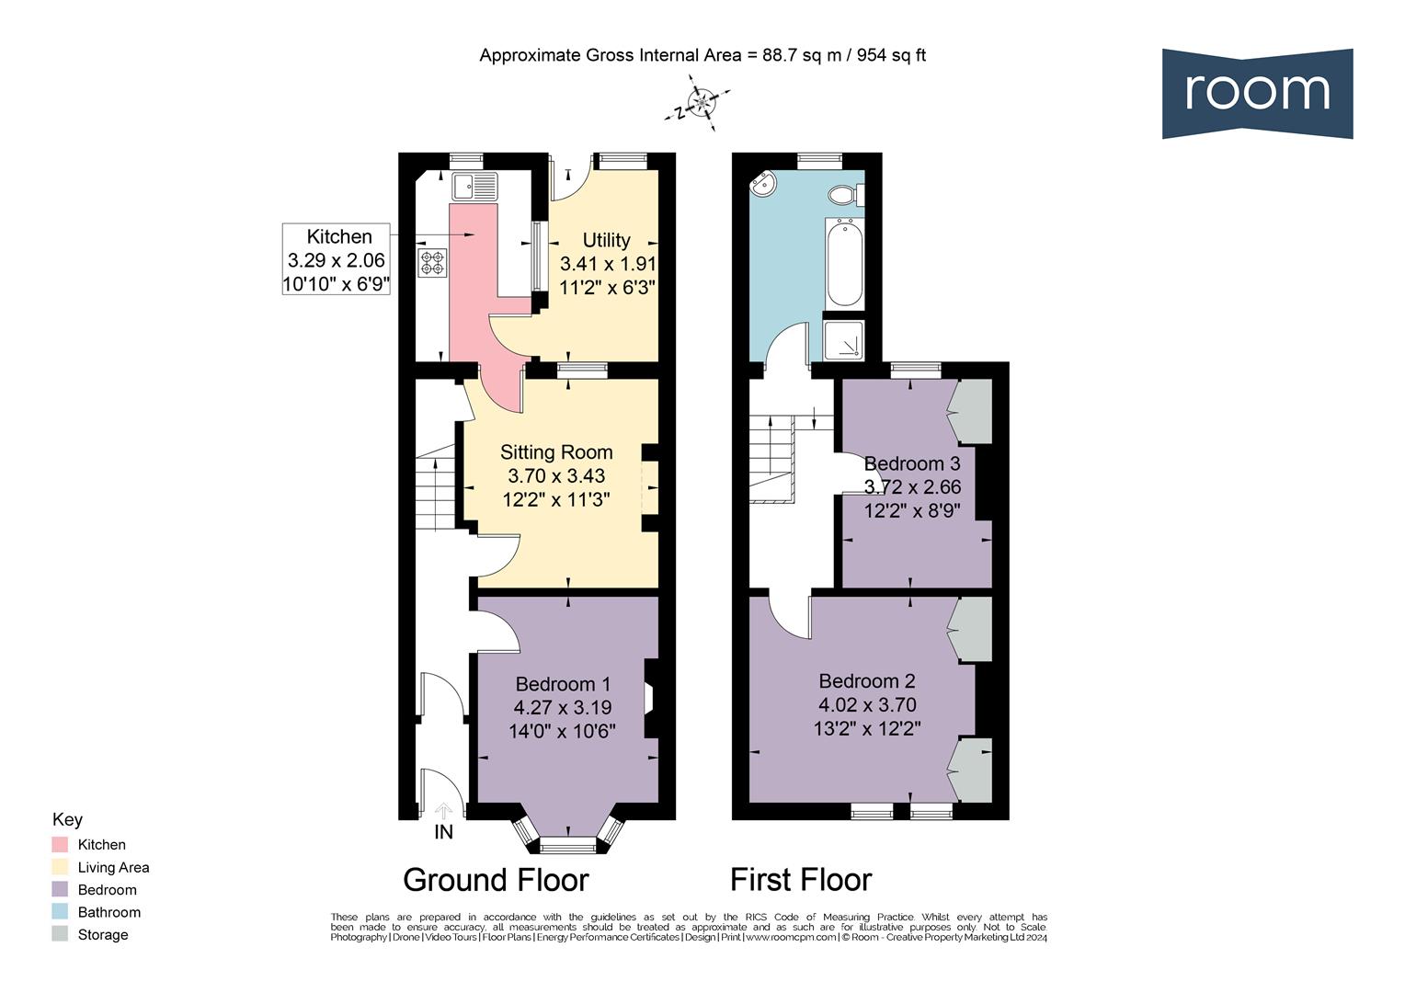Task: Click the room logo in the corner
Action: pos(1257,93)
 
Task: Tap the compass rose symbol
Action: pos(702,104)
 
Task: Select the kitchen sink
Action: pos(474,187)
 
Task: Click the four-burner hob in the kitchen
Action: pos(432,263)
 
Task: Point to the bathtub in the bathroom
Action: pos(844,263)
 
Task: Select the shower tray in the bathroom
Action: pos(844,339)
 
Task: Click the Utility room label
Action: pos(606,240)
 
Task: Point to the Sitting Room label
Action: pos(556,452)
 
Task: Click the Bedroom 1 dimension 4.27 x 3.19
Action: pos(562,708)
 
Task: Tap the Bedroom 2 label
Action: pos(867,681)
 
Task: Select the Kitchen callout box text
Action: pos(337,260)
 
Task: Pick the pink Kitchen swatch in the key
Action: pos(61,844)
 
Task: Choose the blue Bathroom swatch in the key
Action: pos(61,912)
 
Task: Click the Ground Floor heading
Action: pos(496,880)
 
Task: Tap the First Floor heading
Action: pos(801,880)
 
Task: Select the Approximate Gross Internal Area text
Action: pos(702,55)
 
